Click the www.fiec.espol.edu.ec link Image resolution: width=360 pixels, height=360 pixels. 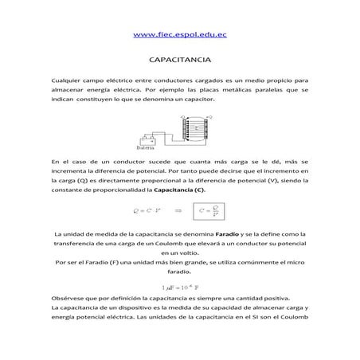point(179,35)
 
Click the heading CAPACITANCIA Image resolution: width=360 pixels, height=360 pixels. point(179,60)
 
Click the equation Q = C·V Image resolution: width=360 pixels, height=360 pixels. point(143,211)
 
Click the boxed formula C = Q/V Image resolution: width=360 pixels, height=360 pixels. point(210,211)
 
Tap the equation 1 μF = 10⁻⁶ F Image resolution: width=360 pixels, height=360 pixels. point(179,286)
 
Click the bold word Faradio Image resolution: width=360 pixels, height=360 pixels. point(229,234)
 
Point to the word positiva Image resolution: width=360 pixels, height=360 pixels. point(248,297)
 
